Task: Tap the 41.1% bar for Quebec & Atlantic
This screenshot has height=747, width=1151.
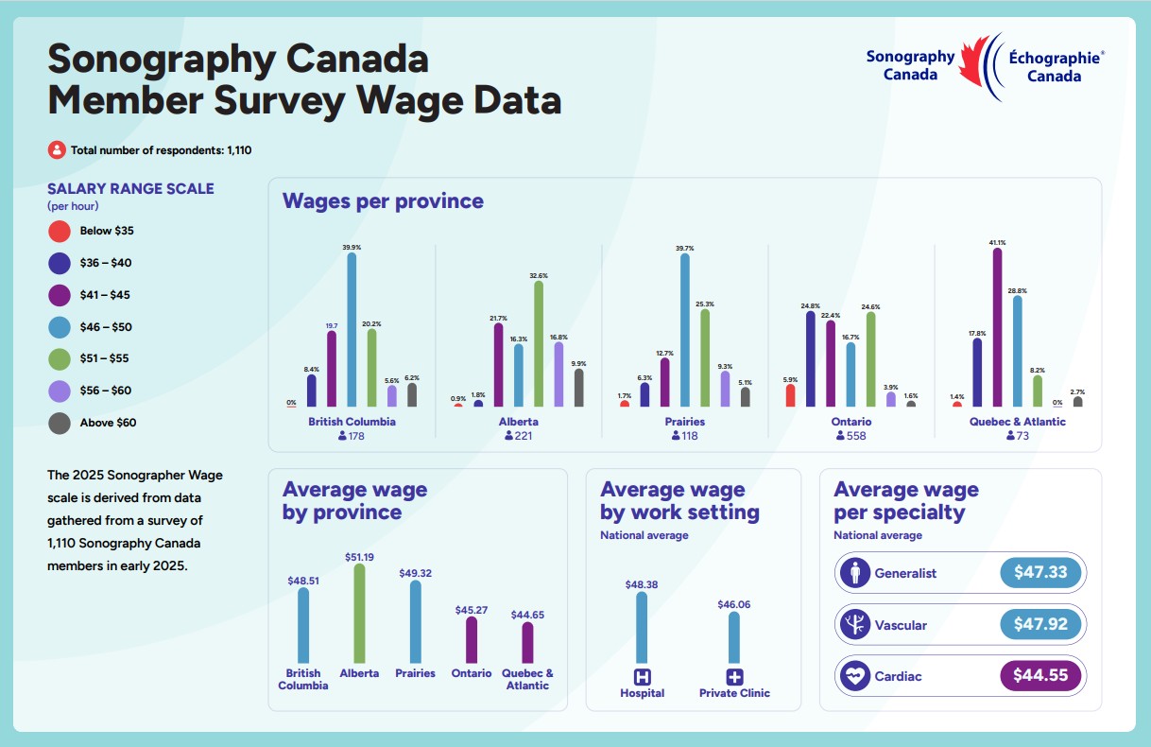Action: (x=997, y=327)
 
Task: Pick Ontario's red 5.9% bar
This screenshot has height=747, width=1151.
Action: (x=790, y=395)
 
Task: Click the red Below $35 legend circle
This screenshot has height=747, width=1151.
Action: (x=60, y=231)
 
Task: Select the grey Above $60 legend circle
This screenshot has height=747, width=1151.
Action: (x=60, y=423)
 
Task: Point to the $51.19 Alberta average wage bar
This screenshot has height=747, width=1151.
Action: (x=359, y=614)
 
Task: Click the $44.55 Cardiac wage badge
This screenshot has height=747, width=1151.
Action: (x=1039, y=676)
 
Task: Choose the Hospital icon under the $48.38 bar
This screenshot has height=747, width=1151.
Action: (x=643, y=677)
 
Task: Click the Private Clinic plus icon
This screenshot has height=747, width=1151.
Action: (x=734, y=677)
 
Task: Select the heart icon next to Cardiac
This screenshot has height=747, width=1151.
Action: (x=855, y=676)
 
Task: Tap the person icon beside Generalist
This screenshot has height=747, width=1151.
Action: (x=855, y=573)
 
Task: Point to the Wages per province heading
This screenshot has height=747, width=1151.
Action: (x=383, y=200)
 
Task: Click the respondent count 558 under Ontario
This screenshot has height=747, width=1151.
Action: (x=856, y=436)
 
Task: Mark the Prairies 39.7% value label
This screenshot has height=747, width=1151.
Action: (x=684, y=248)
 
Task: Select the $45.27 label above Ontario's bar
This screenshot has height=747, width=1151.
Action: (x=471, y=610)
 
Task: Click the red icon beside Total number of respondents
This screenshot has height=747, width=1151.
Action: (x=57, y=149)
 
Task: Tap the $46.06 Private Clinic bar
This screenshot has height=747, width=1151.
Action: (x=734, y=637)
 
